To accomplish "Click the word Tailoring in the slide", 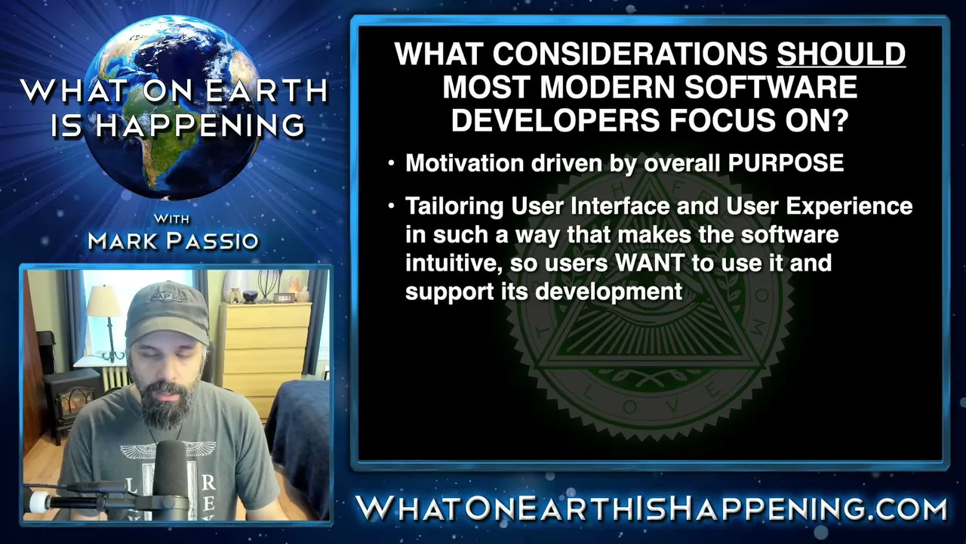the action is (x=454, y=207).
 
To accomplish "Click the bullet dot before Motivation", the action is (x=391, y=164).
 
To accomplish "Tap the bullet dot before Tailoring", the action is (x=391, y=206).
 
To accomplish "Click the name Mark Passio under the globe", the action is (x=174, y=241).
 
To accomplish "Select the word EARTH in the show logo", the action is (x=267, y=91).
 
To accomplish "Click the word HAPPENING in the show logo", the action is (x=200, y=125).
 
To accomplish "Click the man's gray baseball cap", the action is (x=167, y=312).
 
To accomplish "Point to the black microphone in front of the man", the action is (x=171, y=478).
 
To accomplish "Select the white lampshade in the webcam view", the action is (x=104, y=301).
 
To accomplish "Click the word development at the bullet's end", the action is (x=608, y=292).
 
